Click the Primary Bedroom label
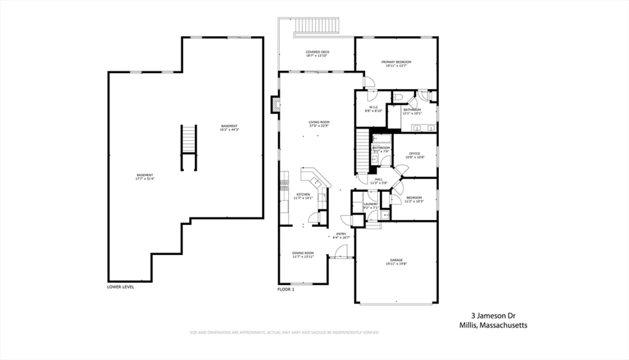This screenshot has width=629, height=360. click(x=396, y=62)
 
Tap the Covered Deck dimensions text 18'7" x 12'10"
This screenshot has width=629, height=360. click(x=317, y=56)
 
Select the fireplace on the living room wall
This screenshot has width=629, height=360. click(x=276, y=104)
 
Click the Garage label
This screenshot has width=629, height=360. click(x=396, y=260)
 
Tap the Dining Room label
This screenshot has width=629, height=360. click(x=303, y=253)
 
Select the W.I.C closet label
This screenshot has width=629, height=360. click(x=374, y=107)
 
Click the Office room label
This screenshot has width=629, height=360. click(x=415, y=153)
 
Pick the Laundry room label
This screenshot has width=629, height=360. click(x=371, y=204)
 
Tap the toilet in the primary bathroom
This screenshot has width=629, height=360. click(x=398, y=97)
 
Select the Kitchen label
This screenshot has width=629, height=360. click(x=303, y=194)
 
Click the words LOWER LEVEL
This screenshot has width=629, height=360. click(x=120, y=287)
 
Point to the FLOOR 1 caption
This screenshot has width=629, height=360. click(x=286, y=289)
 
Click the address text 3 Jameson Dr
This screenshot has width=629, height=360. click(x=493, y=316)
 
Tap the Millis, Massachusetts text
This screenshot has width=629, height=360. click(x=493, y=325)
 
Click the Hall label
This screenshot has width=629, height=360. click(x=379, y=179)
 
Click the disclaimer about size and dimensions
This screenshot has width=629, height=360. click(x=284, y=332)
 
